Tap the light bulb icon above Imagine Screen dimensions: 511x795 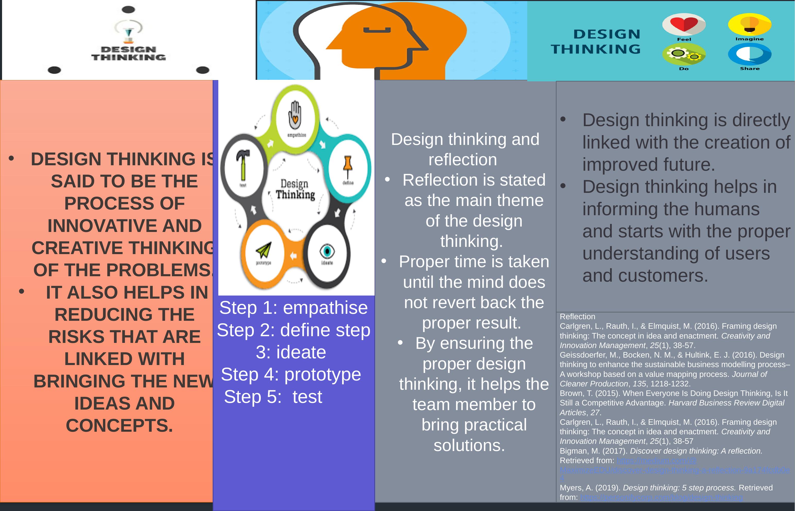[x=749, y=24]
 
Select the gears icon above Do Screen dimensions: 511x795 [x=684, y=54]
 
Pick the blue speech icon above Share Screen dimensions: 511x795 [x=749, y=54]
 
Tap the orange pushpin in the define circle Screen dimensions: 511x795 [x=347, y=166]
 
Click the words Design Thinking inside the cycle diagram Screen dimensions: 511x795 [x=295, y=189]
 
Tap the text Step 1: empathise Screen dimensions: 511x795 [x=293, y=308]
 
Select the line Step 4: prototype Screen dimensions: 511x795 [x=291, y=374]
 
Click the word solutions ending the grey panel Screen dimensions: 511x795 [x=469, y=445]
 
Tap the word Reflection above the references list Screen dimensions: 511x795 [x=577, y=317]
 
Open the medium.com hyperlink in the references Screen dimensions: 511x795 [x=656, y=461]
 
